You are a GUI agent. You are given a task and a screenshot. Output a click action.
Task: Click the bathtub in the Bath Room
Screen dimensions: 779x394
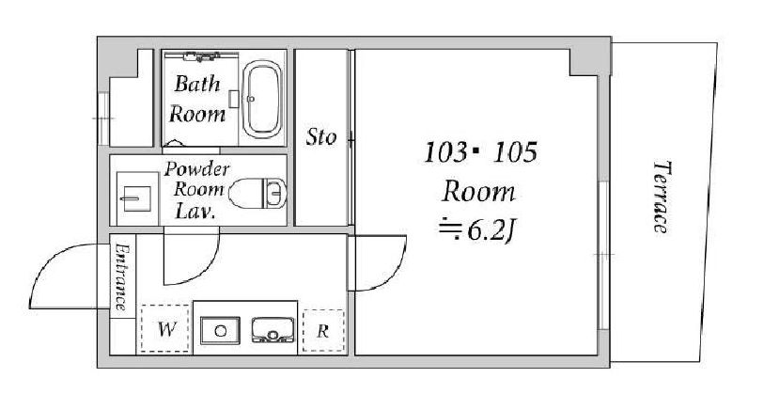click(x=263, y=99)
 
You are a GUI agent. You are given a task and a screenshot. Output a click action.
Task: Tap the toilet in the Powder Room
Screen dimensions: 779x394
click(x=257, y=194)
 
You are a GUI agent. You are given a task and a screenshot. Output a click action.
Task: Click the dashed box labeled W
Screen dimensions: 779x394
click(x=165, y=329)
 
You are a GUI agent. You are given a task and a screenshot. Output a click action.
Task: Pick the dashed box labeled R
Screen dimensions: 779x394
click(x=323, y=331)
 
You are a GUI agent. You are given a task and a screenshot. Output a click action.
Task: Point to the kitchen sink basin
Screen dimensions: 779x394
click(x=220, y=330)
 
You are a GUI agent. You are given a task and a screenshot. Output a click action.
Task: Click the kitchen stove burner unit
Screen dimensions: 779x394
click(x=272, y=330)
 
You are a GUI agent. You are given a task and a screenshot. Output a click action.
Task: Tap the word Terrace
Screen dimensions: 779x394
click(x=662, y=197)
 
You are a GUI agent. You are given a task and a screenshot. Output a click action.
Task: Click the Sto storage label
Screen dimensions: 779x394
click(x=321, y=136)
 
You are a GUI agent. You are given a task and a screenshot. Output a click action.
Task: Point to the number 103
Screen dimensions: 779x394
click(x=444, y=152)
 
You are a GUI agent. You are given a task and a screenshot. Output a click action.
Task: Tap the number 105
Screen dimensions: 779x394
click(x=515, y=152)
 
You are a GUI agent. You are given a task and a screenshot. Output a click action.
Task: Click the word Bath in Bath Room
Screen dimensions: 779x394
click(x=196, y=84)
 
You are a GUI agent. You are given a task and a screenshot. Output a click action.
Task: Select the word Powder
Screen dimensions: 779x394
click(x=196, y=170)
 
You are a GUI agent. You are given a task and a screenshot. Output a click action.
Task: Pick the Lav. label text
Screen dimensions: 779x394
click(x=195, y=212)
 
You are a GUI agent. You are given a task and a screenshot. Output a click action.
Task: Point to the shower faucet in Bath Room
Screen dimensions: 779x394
click(x=201, y=56)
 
